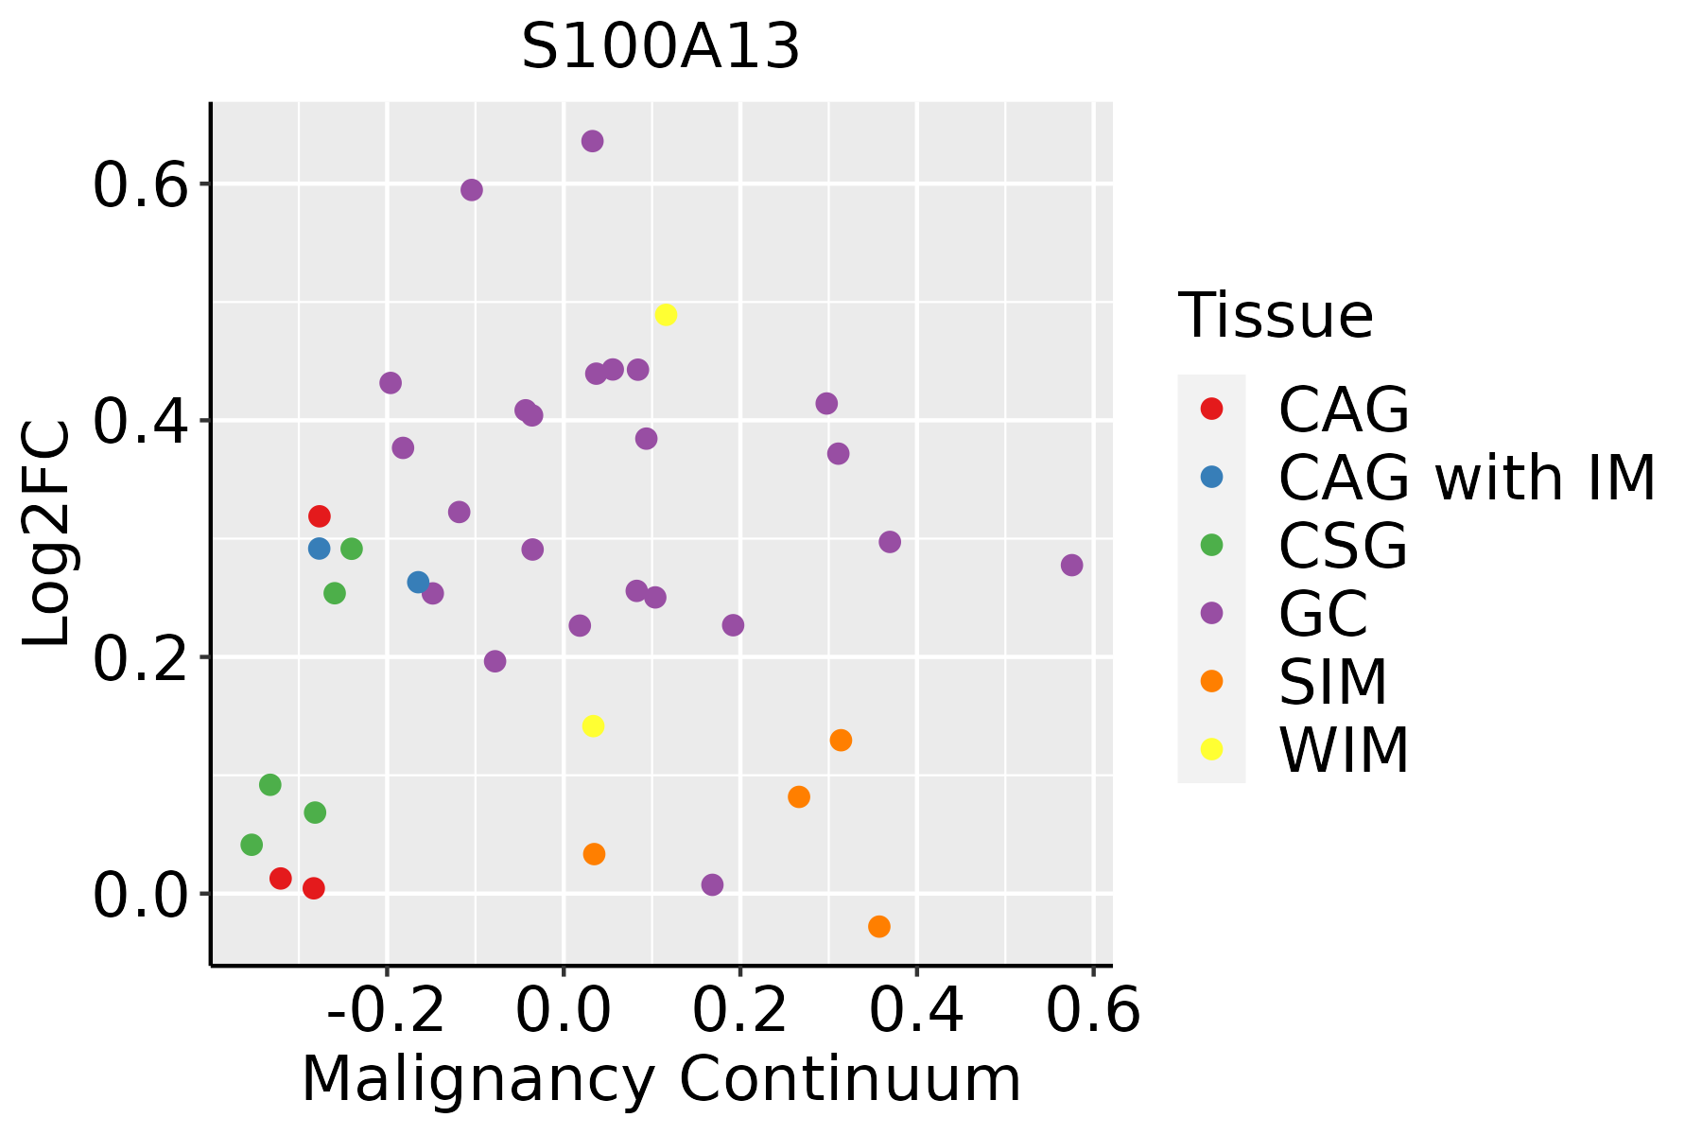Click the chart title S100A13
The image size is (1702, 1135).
pos(660,47)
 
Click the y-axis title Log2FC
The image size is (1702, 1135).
pos(47,534)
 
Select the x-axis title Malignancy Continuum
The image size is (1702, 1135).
pos(660,1079)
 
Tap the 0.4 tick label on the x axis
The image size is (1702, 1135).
pos(915,1011)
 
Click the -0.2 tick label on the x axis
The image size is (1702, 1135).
pos(386,1011)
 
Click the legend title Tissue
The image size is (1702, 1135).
pos(1276,316)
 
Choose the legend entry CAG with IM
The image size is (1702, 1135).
pos(1467,478)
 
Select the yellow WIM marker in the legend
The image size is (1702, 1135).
pos(1211,749)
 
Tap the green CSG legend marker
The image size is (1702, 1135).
pos(1211,545)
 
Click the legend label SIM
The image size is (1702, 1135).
pos(1333,682)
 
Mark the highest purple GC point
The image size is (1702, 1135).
pos(593,142)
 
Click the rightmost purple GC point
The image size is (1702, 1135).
pos(1071,566)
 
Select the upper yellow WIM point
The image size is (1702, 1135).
pos(666,315)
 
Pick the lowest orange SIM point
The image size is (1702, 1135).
pos(879,926)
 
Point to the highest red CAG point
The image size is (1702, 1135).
pos(320,516)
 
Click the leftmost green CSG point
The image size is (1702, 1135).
pos(252,845)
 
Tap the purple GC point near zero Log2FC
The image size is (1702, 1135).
pos(713,885)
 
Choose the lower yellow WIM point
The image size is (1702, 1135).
pos(593,726)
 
